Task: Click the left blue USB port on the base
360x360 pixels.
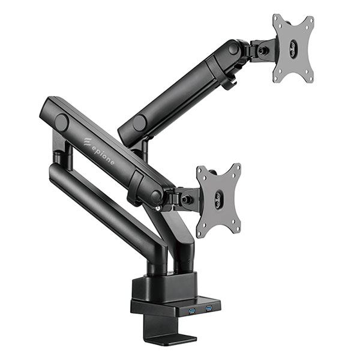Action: tap(191, 311)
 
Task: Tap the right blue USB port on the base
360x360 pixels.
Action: tap(209, 308)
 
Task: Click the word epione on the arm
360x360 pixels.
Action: tap(103, 156)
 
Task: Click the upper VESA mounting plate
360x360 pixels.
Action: tap(293, 49)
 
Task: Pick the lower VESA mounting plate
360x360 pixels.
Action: tap(219, 200)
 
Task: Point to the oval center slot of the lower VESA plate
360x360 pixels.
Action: tap(218, 199)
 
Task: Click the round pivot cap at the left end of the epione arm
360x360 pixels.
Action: tap(62, 122)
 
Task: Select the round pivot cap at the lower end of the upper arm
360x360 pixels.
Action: tap(139, 122)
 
